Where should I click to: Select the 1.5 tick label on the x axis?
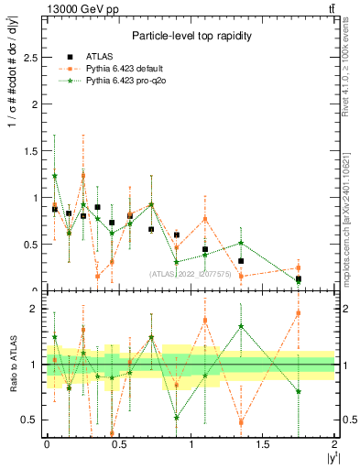coord(263,444)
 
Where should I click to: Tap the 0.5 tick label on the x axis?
coord(118,444)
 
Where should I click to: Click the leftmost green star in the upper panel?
coord(55,176)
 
